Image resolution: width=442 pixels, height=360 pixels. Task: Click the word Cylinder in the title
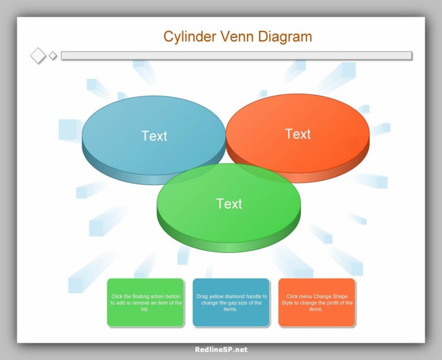click(189, 37)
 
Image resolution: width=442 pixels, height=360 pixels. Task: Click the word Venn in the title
click(238, 37)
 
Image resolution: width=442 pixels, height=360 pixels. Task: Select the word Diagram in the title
click(285, 37)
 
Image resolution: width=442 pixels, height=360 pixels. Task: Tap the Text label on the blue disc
click(154, 136)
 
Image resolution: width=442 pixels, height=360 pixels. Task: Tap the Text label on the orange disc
click(298, 134)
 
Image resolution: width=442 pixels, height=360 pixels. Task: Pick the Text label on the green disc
click(229, 204)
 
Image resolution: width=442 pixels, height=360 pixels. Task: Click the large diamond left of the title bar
click(38, 56)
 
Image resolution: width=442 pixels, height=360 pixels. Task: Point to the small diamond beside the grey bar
click(53, 56)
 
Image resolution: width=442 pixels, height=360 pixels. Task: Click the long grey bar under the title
click(236, 56)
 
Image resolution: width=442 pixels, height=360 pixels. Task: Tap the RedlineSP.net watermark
click(221, 349)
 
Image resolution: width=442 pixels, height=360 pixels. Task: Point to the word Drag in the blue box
click(202, 297)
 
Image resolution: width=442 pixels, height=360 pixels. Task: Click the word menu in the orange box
click(307, 297)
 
